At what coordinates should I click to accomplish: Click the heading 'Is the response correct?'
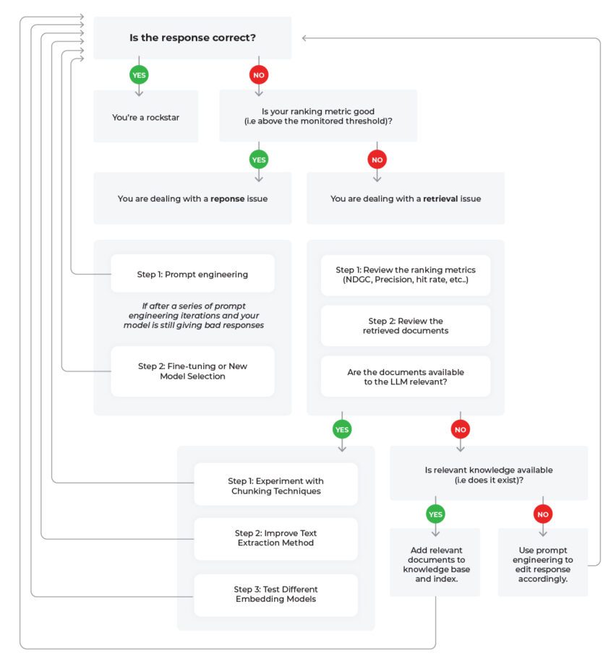pos(192,38)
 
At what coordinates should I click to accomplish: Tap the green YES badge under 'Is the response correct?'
pos(139,75)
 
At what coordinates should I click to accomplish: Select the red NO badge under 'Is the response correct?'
pos(259,75)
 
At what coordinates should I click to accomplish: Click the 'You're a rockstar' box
pos(146,116)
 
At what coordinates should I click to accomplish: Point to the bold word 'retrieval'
pos(440,199)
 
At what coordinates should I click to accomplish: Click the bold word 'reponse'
pos(228,199)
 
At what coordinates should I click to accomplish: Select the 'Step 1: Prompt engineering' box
pos(193,274)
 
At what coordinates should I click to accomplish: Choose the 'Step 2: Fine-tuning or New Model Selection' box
pos(193,371)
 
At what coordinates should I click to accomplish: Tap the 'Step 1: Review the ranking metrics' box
pos(406,275)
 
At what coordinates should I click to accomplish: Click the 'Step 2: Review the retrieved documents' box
pos(406,326)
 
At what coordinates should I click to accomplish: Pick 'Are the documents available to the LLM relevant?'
pos(406,376)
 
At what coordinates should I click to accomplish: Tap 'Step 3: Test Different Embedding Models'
pos(275,595)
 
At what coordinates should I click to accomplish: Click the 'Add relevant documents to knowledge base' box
pos(435,562)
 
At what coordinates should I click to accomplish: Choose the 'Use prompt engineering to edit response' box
pos(543,562)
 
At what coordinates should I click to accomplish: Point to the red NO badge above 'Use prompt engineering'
pos(543,514)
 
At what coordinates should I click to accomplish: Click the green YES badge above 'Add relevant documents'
pos(435,514)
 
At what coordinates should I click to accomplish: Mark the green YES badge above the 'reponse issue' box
pos(259,160)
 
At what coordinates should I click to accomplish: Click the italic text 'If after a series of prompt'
pos(194,306)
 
